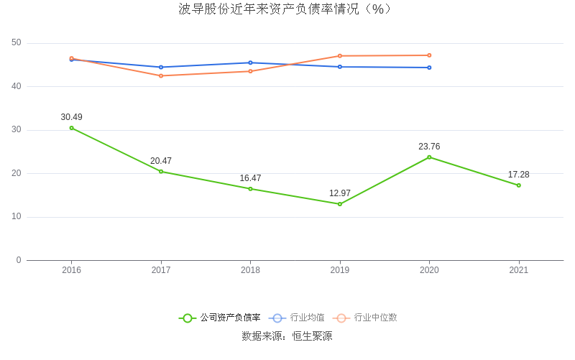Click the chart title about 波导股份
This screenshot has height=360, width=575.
point(287,9)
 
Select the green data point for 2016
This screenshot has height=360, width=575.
point(72,128)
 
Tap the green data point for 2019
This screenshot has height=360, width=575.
point(340,204)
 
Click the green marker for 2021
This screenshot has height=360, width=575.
point(518,185)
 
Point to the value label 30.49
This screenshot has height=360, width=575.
point(72,117)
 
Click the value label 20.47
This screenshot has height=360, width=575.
point(161,161)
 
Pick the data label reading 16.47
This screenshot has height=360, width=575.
point(250,178)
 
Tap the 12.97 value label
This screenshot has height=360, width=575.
point(340,193)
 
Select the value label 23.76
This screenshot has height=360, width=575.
point(429,147)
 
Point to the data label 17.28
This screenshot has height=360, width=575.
point(518,175)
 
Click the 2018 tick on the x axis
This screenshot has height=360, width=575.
point(250,270)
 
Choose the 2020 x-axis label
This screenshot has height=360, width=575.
point(429,270)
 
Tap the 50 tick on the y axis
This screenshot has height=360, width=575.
point(17,43)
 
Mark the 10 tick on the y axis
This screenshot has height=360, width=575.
point(17,217)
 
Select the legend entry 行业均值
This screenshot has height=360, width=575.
point(298,318)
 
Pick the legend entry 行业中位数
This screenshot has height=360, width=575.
point(366,318)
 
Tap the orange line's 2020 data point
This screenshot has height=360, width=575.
point(429,55)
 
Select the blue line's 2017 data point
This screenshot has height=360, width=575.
point(161,67)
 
